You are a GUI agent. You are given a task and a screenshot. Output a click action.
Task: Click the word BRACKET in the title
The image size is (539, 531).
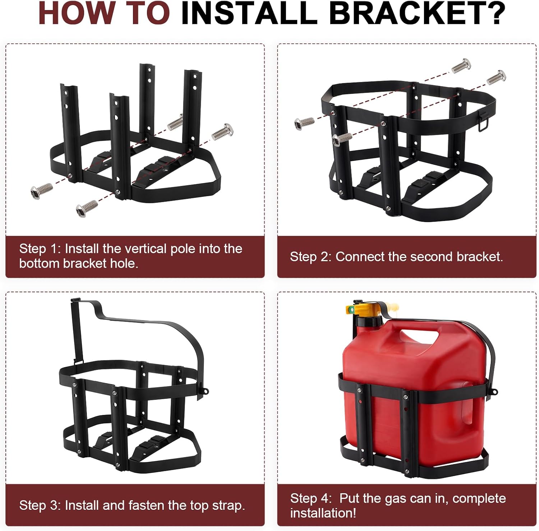[417, 13]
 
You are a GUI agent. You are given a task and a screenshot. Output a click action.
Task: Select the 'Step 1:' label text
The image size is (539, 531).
[40, 249]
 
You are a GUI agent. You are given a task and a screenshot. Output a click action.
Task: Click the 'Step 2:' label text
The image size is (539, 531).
[310, 257]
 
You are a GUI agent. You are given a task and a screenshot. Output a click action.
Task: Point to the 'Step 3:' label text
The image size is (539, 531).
[40, 505]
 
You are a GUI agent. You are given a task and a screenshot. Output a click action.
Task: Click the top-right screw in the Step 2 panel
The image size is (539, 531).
[496, 77]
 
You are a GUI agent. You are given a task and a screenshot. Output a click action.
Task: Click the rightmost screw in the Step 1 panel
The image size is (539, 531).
[223, 131]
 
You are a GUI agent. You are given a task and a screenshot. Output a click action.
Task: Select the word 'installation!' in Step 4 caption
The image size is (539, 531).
[323, 513]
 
